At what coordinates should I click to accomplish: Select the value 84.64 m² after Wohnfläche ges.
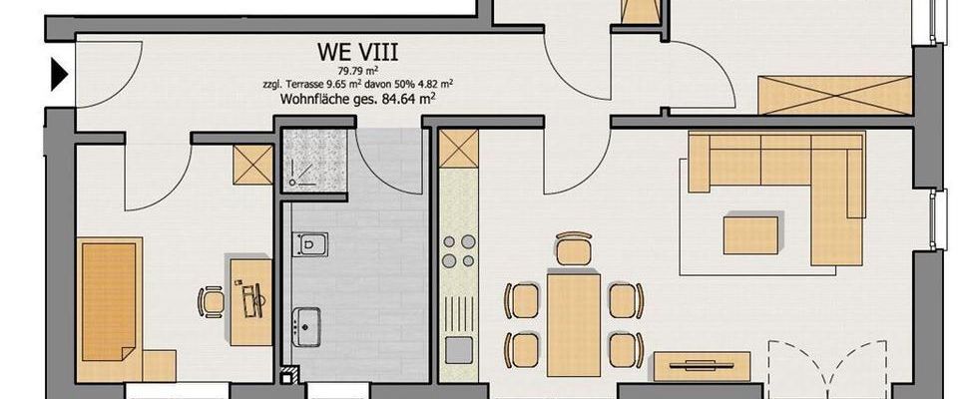[x=408, y=98]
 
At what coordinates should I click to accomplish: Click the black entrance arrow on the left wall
[x=59, y=73]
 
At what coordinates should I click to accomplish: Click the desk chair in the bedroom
[x=212, y=299]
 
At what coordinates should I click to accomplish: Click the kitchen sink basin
[x=459, y=350]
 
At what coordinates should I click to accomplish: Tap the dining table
[x=573, y=324]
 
